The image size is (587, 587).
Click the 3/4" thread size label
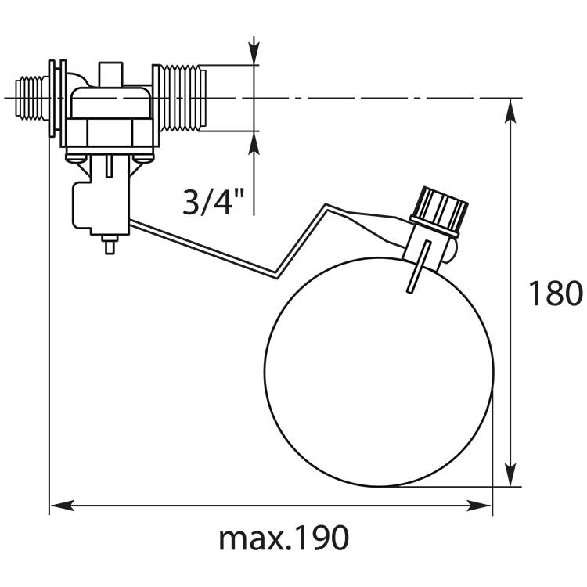coord(214,202)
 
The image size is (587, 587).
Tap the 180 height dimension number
coord(556,293)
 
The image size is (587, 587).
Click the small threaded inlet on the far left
coord(32,98)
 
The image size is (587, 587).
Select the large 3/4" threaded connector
coord(179,98)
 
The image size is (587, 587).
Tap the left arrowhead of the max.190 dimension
coord(62,506)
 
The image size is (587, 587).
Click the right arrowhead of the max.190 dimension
coord(479,506)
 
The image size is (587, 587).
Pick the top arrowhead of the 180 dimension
coord(510,111)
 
